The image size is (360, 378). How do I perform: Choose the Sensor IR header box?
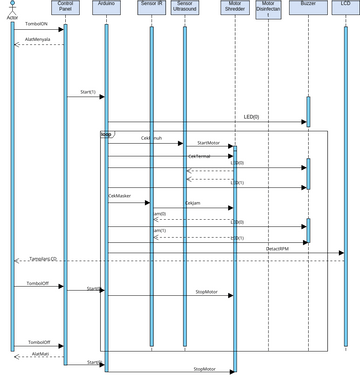pos(152,8)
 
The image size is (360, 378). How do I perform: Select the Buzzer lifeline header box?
pos(308,6)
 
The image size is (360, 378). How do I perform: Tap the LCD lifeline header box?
pos(343,6)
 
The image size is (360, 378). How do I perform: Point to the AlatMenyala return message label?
pos(37,41)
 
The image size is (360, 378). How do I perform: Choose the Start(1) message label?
pos(87,92)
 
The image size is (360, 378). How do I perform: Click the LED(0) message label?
pos(251,117)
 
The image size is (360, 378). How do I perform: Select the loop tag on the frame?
pos(106,132)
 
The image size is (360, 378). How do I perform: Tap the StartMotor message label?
pos(208,144)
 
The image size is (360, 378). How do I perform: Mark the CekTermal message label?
pos(199,155)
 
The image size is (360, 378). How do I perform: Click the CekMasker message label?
pos(120,196)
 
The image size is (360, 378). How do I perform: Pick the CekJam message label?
pos(191,203)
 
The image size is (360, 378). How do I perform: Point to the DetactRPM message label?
pos(278,248)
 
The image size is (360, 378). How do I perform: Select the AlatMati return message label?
pos(40,353)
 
